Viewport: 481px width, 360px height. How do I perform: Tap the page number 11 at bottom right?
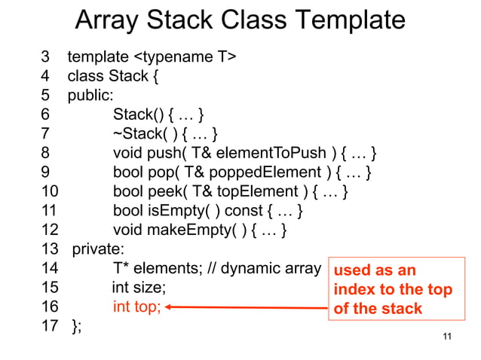(448, 337)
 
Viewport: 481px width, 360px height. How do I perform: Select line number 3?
(46, 56)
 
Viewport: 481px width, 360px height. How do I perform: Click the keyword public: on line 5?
(90, 96)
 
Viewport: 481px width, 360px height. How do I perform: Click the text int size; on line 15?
(139, 288)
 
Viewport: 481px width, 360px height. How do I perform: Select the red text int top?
(137, 307)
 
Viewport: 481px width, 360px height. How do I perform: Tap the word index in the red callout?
(354, 290)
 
